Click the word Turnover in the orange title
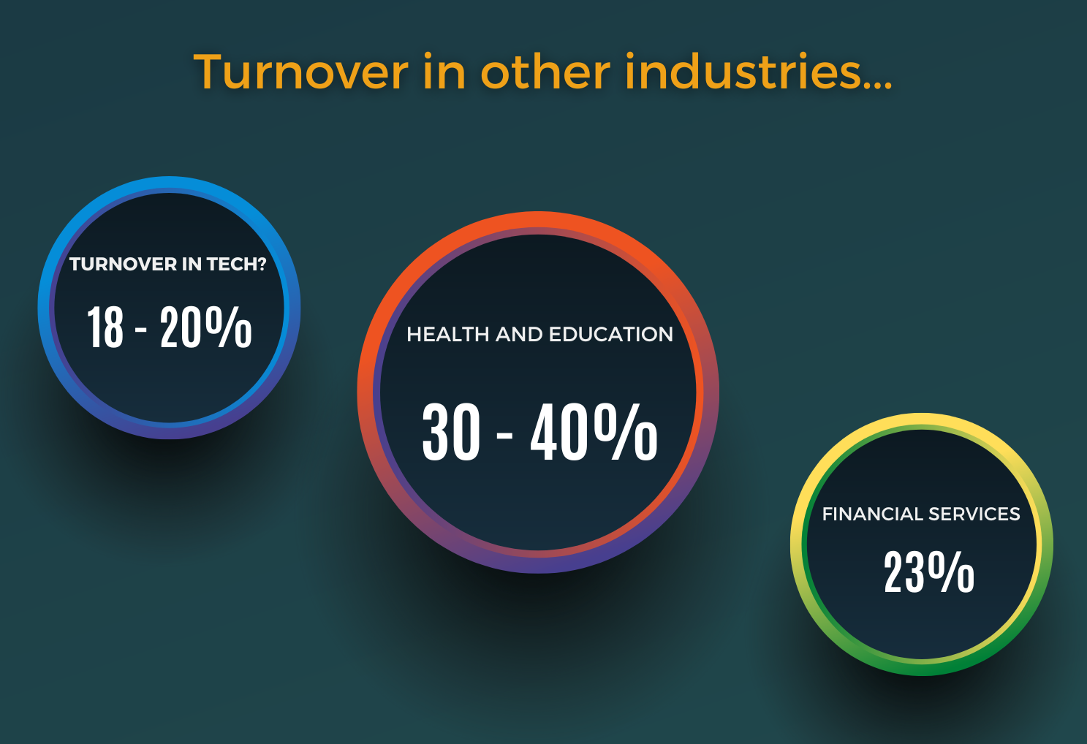[x=301, y=72]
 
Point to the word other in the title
[x=545, y=71]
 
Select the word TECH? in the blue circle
[x=237, y=265]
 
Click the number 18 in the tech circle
[x=105, y=327]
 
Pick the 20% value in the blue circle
[x=205, y=327]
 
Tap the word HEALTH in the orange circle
[x=447, y=334]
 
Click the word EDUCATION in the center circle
[x=611, y=334]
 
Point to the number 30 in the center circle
[x=451, y=432]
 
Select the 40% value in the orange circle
[x=594, y=432]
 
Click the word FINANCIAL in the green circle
[x=872, y=514]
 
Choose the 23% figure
[x=929, y=572]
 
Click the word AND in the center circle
[x=519, y=334]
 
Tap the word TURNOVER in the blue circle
[x=124, y=265]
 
